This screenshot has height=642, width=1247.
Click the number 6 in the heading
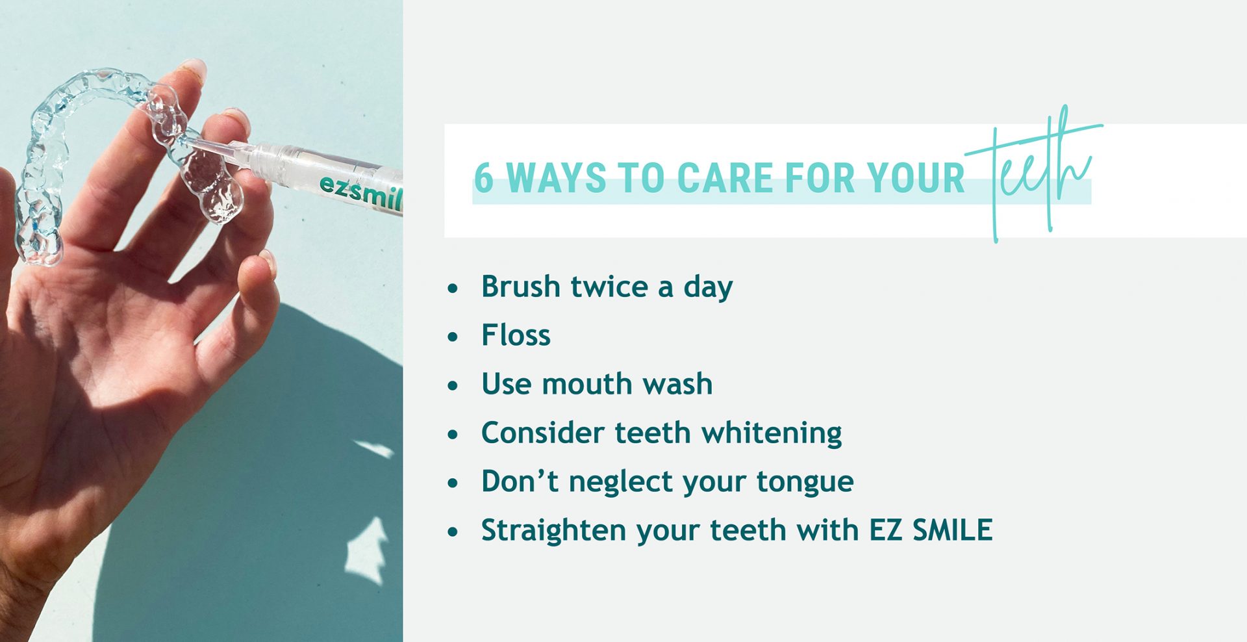pos(483,177)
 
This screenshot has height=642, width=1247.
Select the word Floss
pos(516,336)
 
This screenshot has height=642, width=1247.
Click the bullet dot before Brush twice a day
pos(453,288)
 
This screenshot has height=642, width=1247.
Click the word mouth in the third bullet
pos(587,384)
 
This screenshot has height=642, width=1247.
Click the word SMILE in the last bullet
pos(952,530)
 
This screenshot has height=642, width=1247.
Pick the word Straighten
pos(554,531)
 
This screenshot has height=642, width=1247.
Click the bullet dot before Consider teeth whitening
pos(453,434)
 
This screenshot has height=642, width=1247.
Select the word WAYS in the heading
pos(555,177)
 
